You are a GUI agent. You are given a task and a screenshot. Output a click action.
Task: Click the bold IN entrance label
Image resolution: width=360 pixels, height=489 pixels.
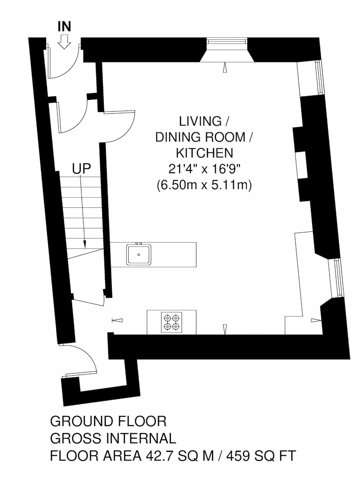[x=64, y=27]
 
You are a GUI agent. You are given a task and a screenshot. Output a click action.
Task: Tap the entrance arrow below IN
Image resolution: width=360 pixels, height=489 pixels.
[x=65, y=41]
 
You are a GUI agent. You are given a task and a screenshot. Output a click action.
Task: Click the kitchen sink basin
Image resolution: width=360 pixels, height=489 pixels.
[x=139, y=255]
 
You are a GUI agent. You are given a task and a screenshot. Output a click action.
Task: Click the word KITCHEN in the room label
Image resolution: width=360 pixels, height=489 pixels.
[x=205, y=153]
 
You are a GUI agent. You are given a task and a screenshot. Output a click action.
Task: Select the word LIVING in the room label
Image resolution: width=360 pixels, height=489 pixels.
[x=200, y=122]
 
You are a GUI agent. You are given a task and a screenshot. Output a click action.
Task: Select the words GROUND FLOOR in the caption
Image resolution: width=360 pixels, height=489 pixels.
[x=108, y=432]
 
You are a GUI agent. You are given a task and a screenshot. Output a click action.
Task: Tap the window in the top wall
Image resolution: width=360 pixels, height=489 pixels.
[x=227, y=41]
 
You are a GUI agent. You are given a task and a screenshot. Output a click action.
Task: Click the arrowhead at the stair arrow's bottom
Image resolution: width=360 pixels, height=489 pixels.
[x=85, y=244]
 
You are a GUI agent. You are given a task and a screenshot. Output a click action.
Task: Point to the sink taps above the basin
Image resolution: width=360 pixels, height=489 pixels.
[x=139, y=243]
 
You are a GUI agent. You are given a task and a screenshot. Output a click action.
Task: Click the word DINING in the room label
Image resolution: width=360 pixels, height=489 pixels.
[x=181, y=138]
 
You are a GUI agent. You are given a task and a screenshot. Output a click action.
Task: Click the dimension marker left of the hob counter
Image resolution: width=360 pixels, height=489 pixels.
[x=117, y=320]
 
